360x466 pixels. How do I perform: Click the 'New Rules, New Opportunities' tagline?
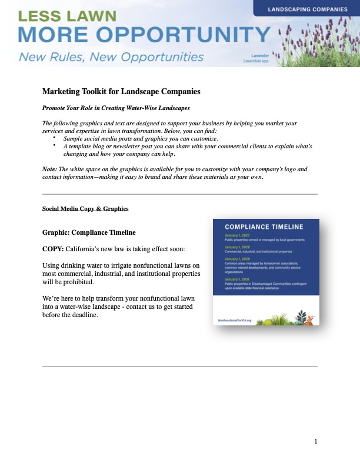(x=111, y=58)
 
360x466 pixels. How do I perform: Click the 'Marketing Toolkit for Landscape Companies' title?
(x=121, y=92)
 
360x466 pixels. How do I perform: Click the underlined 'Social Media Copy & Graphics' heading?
(x=85, y=209)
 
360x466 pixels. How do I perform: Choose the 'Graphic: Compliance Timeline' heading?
(x=93, y=232)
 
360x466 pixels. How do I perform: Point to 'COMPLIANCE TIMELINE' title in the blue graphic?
(x=264, y=227)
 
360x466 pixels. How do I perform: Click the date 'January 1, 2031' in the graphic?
(x=237, y=279)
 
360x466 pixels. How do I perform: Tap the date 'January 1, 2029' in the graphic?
(x=237, y=258)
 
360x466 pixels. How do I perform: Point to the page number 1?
(x=316, y=441)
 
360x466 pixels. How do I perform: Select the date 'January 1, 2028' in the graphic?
(x=237, y=247)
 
